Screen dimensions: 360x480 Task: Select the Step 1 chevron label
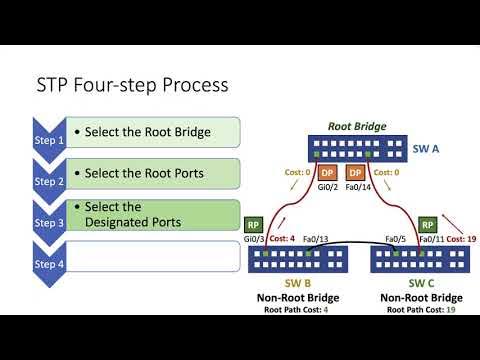point(49,141)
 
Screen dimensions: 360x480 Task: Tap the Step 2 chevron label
point(49,182)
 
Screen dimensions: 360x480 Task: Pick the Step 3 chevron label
point(49,223)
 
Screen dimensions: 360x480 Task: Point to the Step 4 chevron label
point(49,264)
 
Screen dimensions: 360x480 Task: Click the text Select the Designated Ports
point(132,214)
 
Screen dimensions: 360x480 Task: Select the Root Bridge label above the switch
point(357,127)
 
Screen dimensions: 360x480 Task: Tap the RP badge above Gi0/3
point(252,224)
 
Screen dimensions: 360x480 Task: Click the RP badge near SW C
point(428,224)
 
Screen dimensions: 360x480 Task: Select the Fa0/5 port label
point(397,240)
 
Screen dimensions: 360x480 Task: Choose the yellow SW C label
point(420,284)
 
